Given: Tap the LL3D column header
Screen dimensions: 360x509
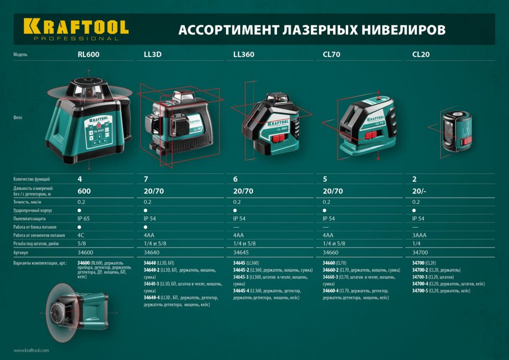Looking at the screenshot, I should (153, 54).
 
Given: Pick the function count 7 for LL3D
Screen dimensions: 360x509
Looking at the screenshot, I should (147, 179).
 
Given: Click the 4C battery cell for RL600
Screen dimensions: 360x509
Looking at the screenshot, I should (81, 235).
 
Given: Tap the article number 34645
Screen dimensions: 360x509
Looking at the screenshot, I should (241, 253).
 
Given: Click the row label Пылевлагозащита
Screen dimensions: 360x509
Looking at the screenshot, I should (31, 218).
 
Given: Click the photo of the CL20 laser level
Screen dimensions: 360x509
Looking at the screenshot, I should (456, 130).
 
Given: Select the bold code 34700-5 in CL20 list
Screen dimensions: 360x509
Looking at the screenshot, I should (420, 291).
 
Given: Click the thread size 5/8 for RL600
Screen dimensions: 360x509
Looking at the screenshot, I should (81, 244).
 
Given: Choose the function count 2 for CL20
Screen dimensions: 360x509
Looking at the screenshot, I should (414, 179).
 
